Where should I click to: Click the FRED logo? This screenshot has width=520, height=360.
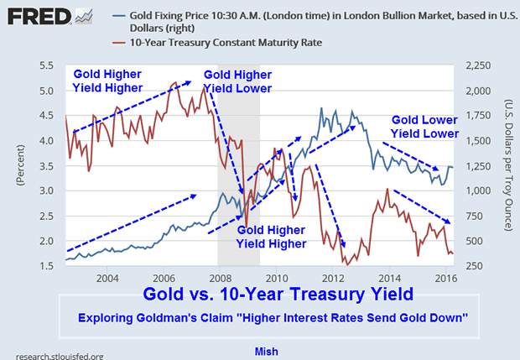[x=34, y=16]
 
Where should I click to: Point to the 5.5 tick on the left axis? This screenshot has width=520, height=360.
[x=49, y=65]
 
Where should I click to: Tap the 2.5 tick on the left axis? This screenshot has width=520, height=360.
[x=49, y=216]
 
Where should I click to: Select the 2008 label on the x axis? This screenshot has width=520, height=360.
[x=219, y=278]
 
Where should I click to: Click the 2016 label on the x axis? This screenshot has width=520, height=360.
[x=445, y=278]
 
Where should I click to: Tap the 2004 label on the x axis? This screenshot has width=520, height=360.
[x=106, y=278]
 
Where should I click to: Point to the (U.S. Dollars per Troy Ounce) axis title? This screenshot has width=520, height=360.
[x=509, y=164]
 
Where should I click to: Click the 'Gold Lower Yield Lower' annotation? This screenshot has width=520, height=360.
[x=425, y=127]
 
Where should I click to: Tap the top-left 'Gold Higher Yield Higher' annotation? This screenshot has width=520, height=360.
[x=106, y=80]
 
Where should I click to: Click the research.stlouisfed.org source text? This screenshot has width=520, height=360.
[x=52, y=356]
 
